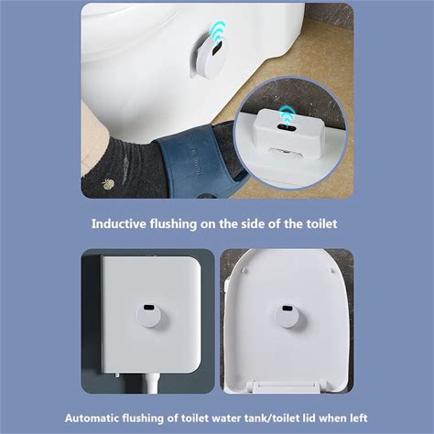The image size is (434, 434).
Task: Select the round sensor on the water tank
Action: pyautogui.click(x=148, y=316)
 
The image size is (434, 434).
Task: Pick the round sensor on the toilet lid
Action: pyautogui.click(x=287, y=317)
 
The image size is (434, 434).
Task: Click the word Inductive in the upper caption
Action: pyautogui.click(x=119, y=223)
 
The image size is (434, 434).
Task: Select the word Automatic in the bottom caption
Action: pyautogui.click(x=92, y=418)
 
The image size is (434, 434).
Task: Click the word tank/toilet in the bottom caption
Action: pyautogui.click(x=267, y=418)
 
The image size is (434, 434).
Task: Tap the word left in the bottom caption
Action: pyautogui.click(x=359, y=418)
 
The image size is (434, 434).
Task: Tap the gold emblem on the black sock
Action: pyautogui.click(x=108, y=184)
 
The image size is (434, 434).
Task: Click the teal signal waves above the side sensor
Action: pyautogui.click(x=219, y=30)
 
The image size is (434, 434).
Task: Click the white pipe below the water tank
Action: pyautogui.click(x=153, y=383)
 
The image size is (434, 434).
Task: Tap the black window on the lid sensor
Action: pyautogui.click(x=287, y=309)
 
